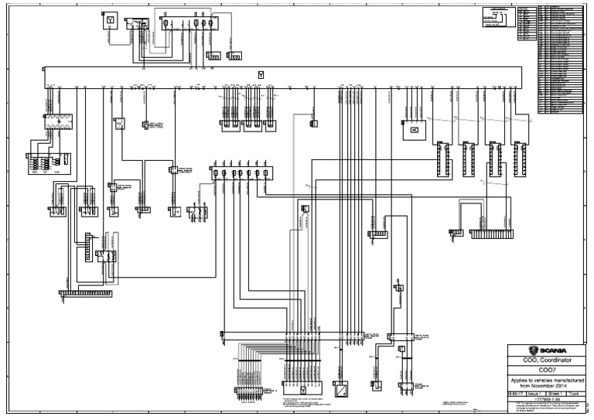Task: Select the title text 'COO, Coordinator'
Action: (546, 360)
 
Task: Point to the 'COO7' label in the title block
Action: (546, 370)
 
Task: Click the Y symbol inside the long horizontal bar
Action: (261, 73)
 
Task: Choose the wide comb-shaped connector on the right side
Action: (491, 233)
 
